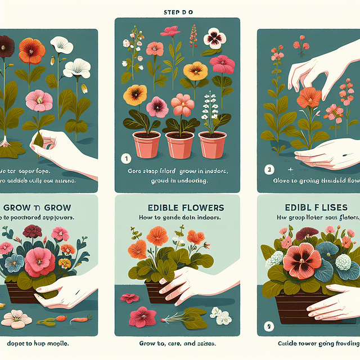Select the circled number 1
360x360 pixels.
[127, 159]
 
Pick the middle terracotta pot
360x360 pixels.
[180, 145]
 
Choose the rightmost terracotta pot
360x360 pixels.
[212, 145]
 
